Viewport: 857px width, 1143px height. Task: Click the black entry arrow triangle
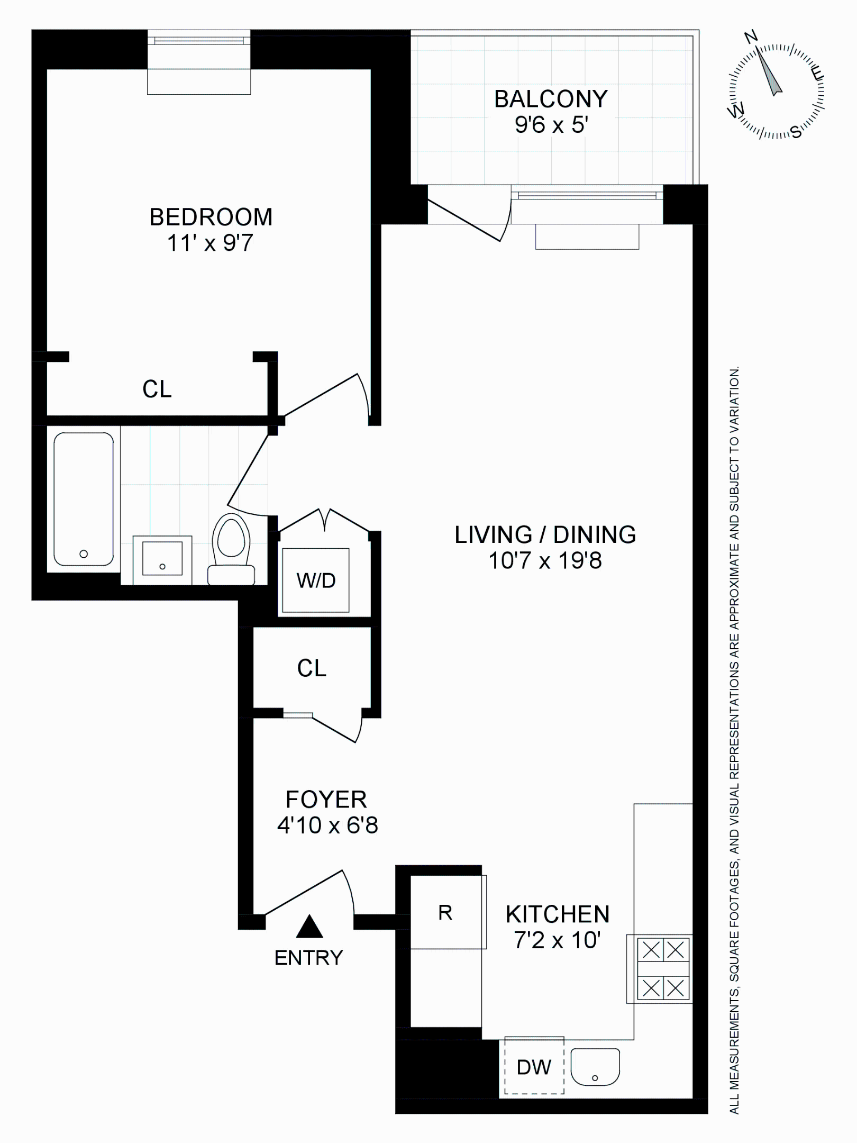pos(309,928)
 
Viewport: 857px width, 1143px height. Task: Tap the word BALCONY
pos(551,99)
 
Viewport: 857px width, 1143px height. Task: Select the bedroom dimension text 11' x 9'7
pos(210,243)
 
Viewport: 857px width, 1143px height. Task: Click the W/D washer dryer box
pos(316,580)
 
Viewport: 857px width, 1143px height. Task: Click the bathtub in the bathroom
pos(84,499)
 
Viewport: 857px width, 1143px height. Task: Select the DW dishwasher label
pos(534,1067)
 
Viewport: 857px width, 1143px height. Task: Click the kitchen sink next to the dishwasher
pos(595,1067)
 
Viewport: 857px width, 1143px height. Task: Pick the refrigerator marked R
pos(446,913)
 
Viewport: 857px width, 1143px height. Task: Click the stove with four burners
pos(663,969)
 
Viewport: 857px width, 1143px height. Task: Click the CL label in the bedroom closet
pos(157,389)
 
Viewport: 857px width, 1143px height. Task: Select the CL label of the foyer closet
pos(312,668)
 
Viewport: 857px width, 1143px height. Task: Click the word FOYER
pos(326,800)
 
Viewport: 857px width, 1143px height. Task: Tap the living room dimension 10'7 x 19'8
pos(545,561)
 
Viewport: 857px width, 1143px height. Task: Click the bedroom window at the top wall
pos(199,40)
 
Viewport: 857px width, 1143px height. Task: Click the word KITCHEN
pos(558,914)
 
